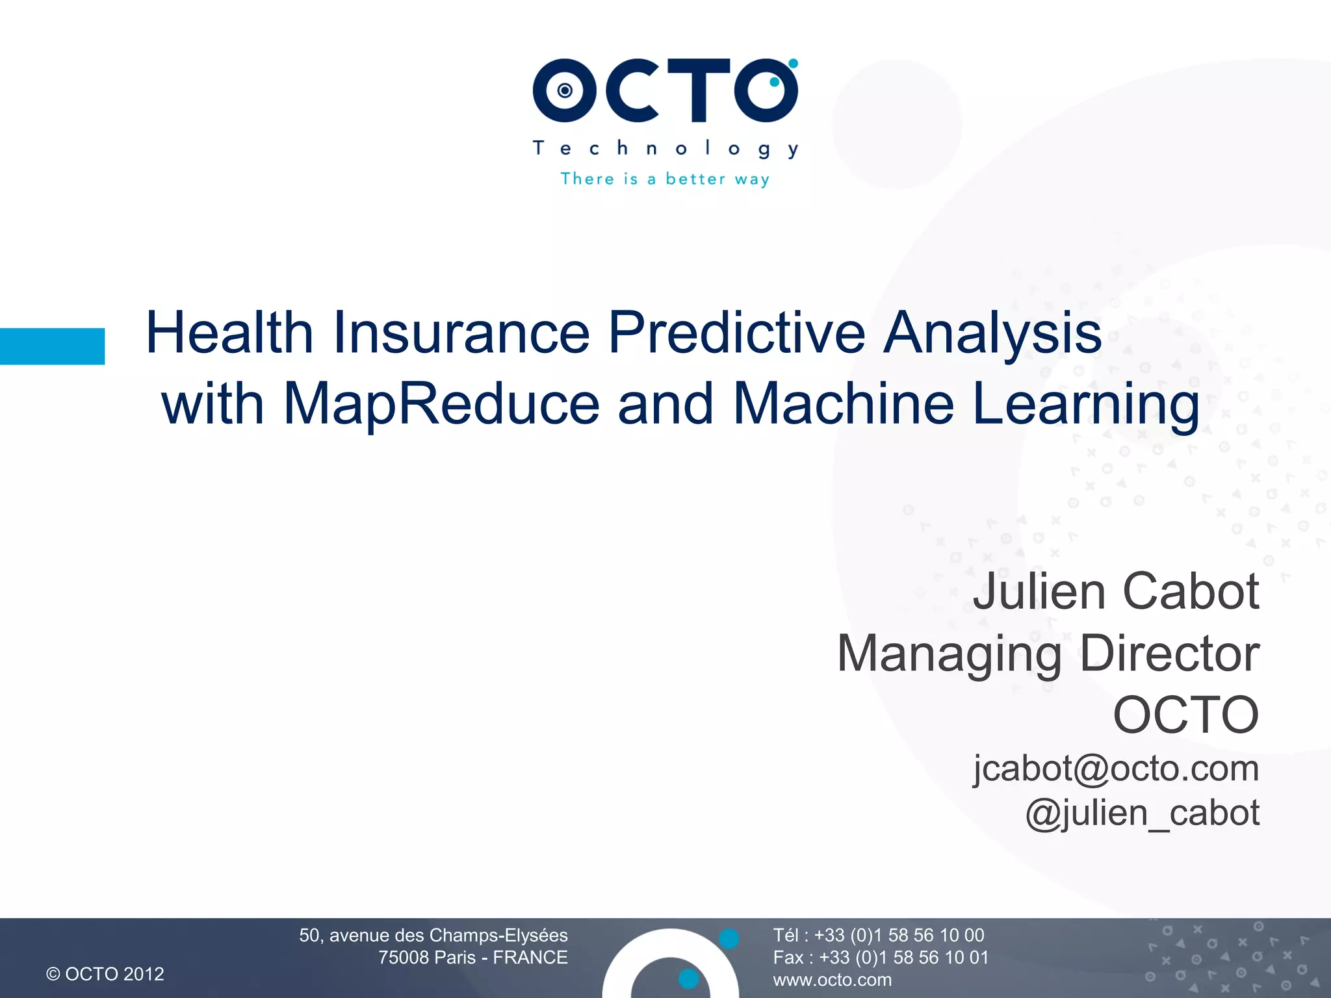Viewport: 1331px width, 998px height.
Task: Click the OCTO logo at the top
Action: pyautogui.click(x=665, y=90)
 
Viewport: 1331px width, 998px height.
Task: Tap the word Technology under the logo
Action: pyautogui.click(x=665, y=149)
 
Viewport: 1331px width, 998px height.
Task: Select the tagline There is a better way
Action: pyautogui.click(x=665, y=179)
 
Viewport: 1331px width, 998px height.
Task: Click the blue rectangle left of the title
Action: pyautogui.click(x=52, y=346)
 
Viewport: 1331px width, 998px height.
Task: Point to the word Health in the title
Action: pyautogui.click(x=229, y=333)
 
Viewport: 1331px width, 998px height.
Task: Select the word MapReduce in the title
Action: pyautogui.click(x=441, y=404)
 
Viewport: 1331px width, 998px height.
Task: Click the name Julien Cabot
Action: pyautogui.click(x=1115, y=591)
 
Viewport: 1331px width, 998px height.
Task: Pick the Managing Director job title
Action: pyautogui.click(x=1048, y=653)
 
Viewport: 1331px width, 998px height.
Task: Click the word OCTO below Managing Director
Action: pyautogui.click(x=1185, y=715)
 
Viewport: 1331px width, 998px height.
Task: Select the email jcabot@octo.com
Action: pyautogui.click(x=1115, y=769)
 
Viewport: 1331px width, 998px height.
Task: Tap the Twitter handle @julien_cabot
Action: pyautogui.click(x=1142, y=813)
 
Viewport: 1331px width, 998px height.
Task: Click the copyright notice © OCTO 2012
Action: pyautogui.click(x=105, y=974)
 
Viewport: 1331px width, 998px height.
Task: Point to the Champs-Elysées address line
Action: pyautogui.click(x=433, y=935)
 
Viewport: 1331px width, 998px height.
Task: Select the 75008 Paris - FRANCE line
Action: pyautogui.click(x=472, y=957)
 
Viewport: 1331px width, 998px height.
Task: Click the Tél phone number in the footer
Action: pyautogui.click(x=878, y=935)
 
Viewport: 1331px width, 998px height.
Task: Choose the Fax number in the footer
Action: pyautogui.click(x=880, y=957)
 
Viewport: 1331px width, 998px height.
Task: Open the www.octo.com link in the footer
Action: pyautogui.click(x=832, y=980)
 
